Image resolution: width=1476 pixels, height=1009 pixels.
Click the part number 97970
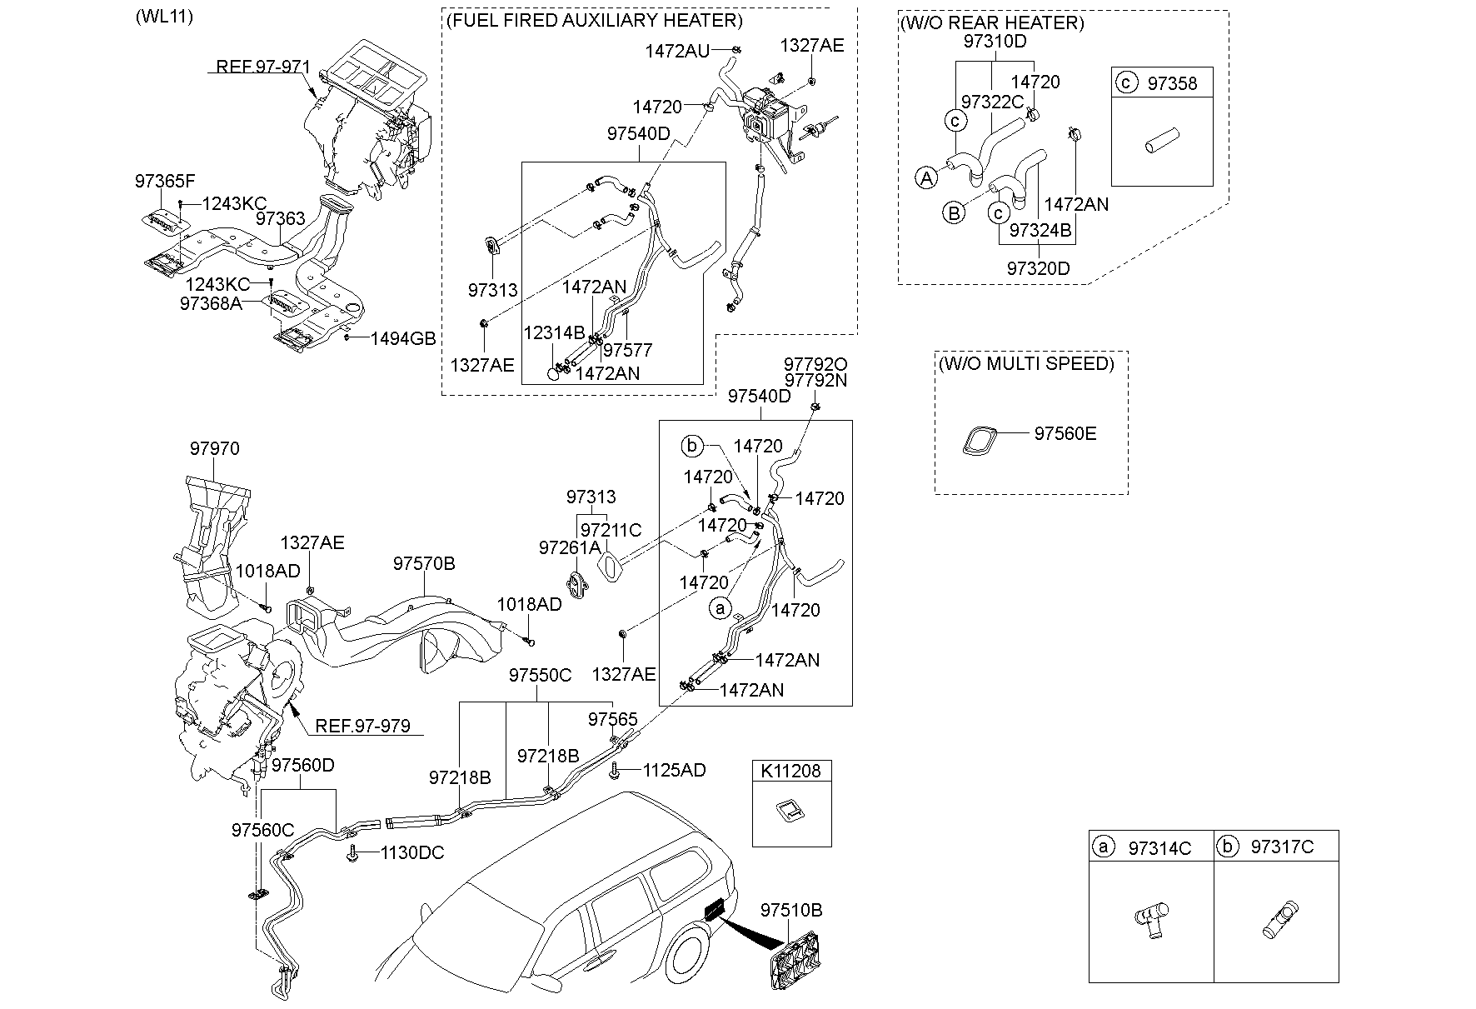pos(214,449)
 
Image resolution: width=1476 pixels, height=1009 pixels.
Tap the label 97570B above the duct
pos(424,564)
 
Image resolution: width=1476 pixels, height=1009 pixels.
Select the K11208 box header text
pos(790,771)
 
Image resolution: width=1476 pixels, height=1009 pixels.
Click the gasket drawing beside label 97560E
pos(980,441)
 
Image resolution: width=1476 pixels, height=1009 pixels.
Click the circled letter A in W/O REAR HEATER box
pos(926,177)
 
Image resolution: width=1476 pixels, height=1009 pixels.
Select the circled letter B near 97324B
pos(954,212)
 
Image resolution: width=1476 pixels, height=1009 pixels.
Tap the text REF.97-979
pos(362,727)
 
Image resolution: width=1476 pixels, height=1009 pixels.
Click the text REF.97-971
pos(262,67)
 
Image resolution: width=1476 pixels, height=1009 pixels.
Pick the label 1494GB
pos(403,338)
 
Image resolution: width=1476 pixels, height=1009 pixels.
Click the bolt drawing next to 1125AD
pos(616,771)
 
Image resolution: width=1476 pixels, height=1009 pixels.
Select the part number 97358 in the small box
pos(1171,83)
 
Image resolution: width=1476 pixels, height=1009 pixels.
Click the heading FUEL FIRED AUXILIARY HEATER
pos(594,21)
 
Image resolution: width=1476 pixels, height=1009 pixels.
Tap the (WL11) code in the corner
pos(163,17)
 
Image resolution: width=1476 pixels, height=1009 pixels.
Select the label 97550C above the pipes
pos(540,675)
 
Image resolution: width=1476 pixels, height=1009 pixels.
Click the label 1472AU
pos(676,51)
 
